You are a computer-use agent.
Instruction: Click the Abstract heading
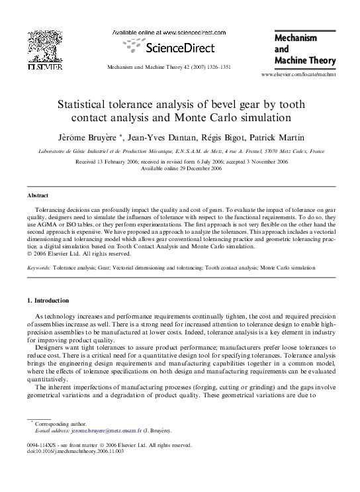(x=38, y=197)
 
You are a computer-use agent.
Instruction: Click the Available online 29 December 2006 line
(x=179, y=168)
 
